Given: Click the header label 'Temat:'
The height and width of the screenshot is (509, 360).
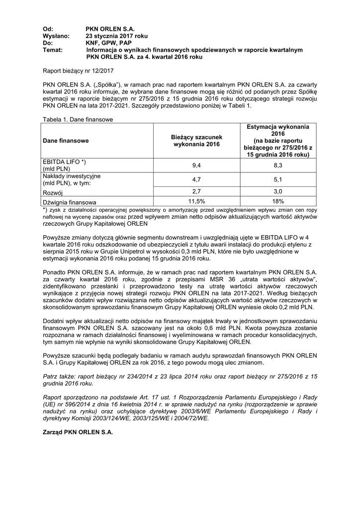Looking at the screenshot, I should pos(53,50).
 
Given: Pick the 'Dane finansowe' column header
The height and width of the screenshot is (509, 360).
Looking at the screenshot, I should pos(66,141).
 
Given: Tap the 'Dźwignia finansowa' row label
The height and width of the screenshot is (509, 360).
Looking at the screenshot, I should pos(70,202).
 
